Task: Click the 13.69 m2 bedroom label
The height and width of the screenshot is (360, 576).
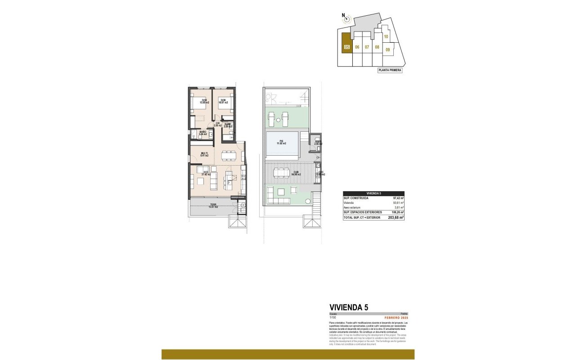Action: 204,101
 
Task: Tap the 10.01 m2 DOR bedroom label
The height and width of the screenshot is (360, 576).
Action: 223,101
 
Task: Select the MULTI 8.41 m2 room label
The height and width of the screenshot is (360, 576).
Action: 204,154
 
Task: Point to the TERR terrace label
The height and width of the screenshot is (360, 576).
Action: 213,206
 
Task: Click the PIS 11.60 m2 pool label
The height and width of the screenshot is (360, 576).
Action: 282,142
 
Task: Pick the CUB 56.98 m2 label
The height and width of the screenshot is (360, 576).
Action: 296,172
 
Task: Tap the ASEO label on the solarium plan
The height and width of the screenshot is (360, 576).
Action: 318,142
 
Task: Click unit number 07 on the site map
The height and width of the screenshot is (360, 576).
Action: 367,47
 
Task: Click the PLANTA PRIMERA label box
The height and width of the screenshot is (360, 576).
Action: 390,70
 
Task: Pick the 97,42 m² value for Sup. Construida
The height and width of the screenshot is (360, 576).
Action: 398,198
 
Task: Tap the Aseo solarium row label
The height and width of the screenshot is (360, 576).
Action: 354,207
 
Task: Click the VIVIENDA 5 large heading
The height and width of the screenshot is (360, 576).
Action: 349,307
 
